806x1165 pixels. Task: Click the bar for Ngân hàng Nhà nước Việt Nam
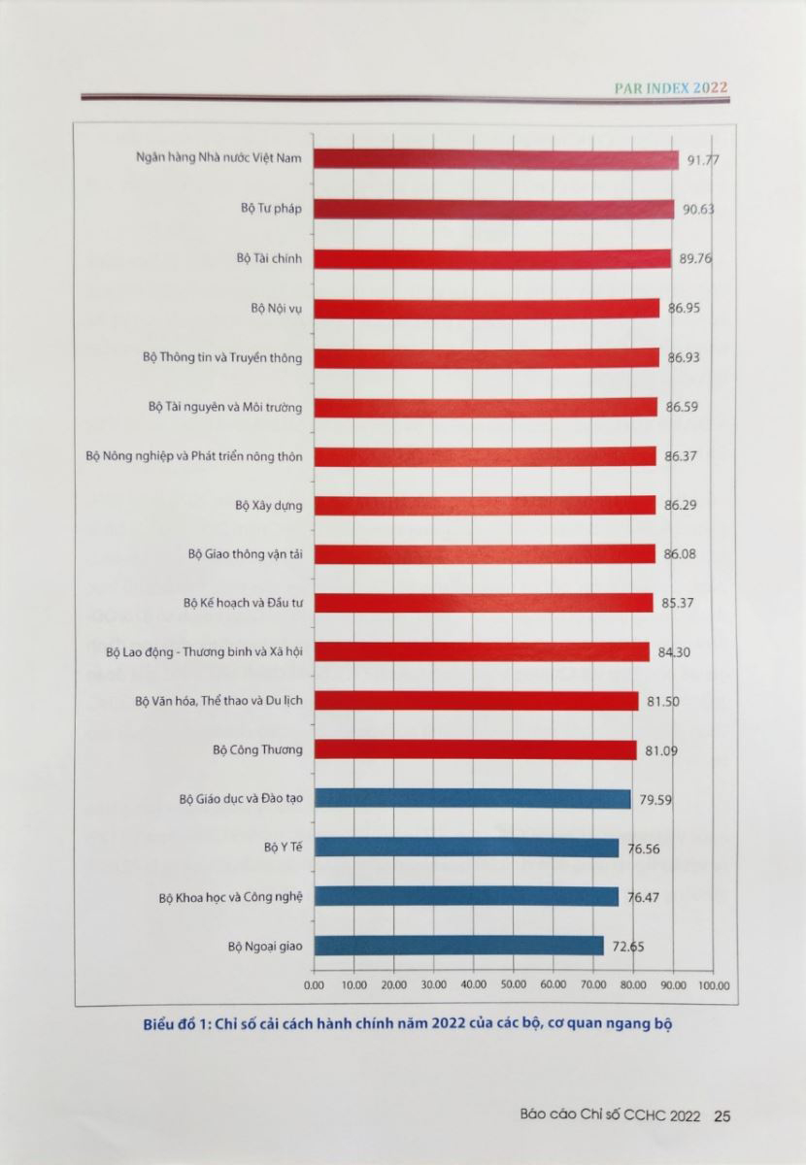click(x=496, y=160)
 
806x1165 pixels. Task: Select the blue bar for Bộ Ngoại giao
click(x=459, y=946)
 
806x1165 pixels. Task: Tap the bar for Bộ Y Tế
click(x=467, y=848)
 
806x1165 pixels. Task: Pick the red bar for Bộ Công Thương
click(x=476, y=749)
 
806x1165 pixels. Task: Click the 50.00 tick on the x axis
click(x=514, y=985)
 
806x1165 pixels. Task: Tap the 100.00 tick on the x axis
click(x=714, y=985)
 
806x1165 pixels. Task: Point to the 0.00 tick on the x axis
click(x=315, y=985)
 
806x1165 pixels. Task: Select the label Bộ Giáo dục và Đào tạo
click(x=241, y=799)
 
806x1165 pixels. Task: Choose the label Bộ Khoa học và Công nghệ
click(x=230, y=897)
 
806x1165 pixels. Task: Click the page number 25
click(x=722, y=1115)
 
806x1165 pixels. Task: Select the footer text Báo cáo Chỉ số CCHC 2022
click(x=609, y=1115)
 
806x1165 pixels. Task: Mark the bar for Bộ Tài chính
click(x=492, y=258)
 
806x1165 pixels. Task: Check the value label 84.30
click(x=673, y=652)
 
